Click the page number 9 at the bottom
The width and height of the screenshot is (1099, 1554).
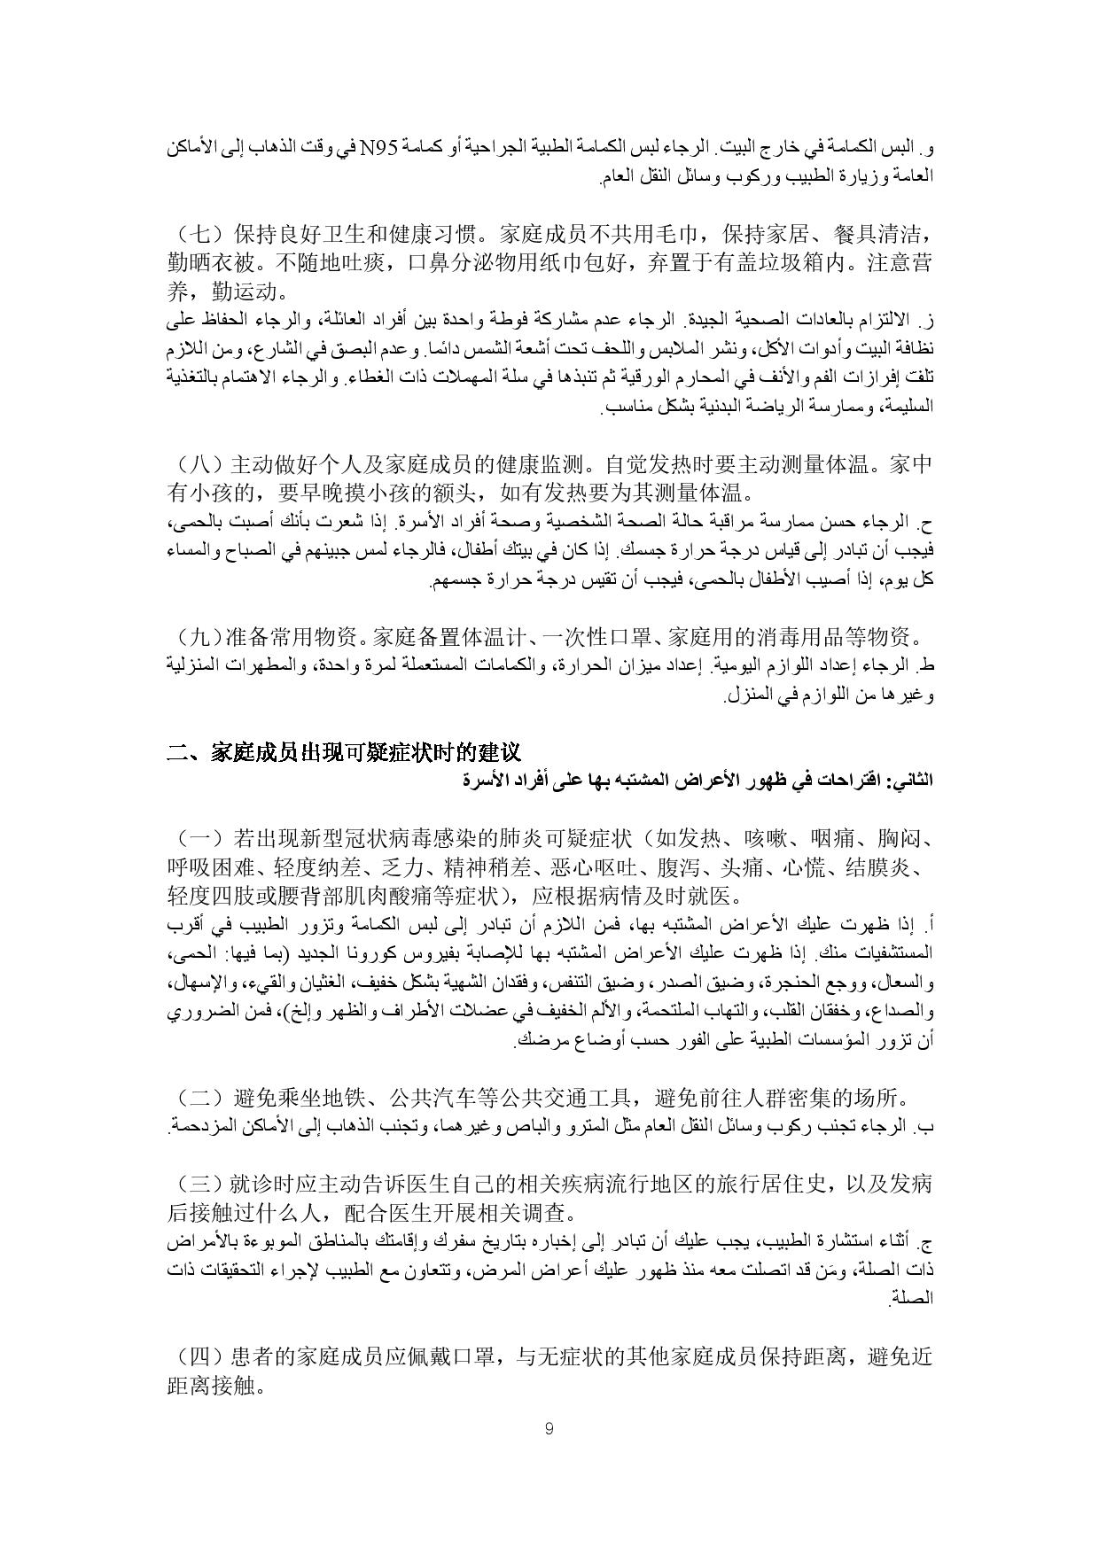point(549,1428)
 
